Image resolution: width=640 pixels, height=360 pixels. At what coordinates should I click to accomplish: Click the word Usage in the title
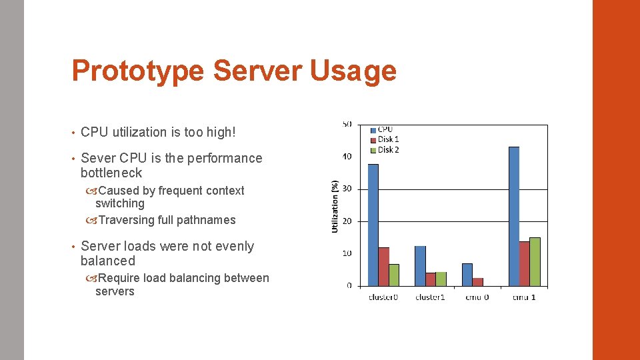click(353, 71)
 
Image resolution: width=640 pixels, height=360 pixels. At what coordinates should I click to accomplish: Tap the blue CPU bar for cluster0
click(373, 225)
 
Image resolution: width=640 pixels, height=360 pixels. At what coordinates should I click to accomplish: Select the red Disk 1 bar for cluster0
click(383, 267)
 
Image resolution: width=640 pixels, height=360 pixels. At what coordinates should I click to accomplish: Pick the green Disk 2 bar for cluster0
click(393, 275)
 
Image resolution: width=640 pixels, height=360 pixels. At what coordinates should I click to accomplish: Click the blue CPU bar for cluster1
click(419, 266)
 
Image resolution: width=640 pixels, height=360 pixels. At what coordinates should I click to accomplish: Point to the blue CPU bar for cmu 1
click(513, 217)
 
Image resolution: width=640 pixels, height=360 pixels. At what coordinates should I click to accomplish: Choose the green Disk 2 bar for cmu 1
click(535, 262)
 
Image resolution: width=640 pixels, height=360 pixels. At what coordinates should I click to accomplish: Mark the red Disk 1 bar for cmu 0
click(477, 282)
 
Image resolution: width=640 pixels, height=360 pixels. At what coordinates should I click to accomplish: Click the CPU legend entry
click(385, 129)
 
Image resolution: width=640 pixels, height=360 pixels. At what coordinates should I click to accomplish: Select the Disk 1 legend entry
click(388, 139)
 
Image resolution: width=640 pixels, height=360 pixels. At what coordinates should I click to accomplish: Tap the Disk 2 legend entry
click(388, 149)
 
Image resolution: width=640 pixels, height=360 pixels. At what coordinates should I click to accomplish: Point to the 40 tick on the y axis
click(347, 157)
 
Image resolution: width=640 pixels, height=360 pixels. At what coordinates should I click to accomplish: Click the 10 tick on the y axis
click(347, 253)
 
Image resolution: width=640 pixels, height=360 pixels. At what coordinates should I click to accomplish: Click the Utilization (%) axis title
click(335, 206)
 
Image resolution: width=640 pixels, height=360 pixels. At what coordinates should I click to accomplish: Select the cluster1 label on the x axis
click(430, 297)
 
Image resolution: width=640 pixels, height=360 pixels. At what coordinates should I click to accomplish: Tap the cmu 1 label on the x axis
click(523, 297)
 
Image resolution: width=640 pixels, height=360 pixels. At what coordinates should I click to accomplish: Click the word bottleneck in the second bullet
click(111, 173)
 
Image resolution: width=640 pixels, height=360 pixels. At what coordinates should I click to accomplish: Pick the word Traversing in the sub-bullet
click(126, 220)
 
